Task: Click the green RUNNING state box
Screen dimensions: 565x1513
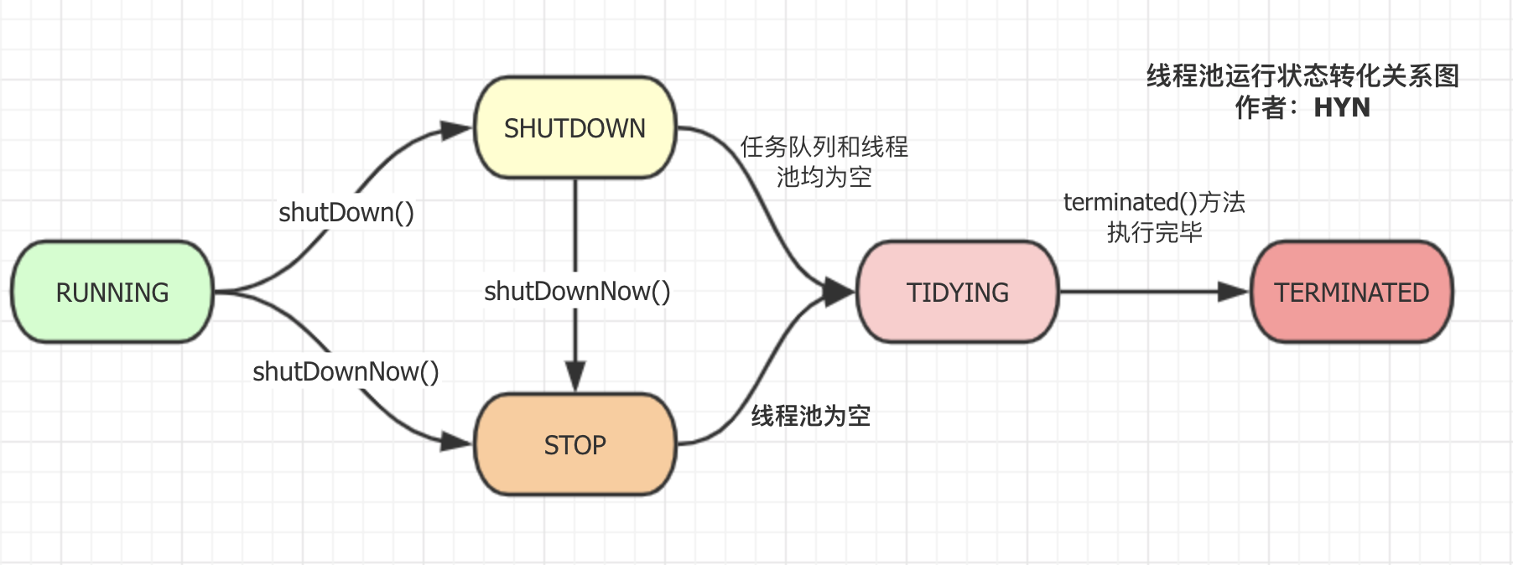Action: pos(112,292)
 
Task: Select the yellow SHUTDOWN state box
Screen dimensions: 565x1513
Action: pos(575,128)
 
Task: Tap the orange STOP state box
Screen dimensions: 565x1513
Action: pos(575,444)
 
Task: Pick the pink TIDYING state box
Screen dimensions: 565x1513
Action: pos(957,292)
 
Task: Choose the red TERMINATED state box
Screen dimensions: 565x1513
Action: pos(1351,292)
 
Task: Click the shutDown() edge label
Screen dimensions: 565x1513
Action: pos(346,212)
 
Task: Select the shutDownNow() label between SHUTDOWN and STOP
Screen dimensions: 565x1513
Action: pos(577,291)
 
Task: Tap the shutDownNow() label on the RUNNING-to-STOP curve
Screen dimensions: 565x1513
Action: pos(346,371)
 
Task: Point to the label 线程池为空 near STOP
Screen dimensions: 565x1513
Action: pos(810,416)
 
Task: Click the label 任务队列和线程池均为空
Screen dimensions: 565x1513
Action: pos(824,162)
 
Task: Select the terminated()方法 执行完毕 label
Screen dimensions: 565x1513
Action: pos(1154,217)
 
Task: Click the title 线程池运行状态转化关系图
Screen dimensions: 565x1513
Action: pos(1302,76)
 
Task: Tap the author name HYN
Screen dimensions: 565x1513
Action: pos(1341,107)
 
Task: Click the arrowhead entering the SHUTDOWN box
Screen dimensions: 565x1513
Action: pos(457,130)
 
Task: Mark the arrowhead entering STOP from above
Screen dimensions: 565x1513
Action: pos(575,376)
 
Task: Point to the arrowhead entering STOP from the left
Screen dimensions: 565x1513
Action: pos(457,441)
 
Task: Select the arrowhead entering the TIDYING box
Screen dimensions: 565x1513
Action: pos(838,292)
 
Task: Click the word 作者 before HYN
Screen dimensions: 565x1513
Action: pos(1260,107)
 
